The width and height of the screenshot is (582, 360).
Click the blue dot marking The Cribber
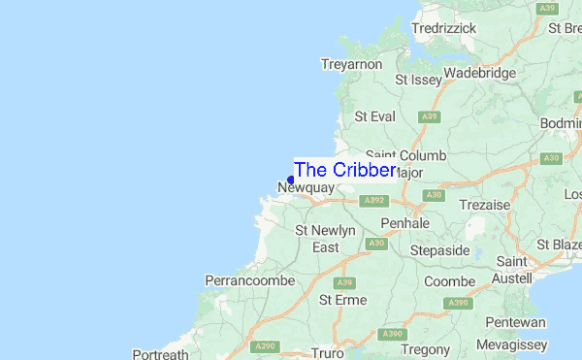coord(291,180)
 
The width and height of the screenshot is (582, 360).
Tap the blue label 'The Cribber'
coord(344,170)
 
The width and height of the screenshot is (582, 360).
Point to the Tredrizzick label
coord(443,29)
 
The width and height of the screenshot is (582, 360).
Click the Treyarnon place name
coord(351,64)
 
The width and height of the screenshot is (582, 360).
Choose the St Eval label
coord(375,116)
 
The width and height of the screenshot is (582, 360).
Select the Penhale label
coord(405,223)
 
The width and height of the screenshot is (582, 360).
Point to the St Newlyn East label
coord(325,239)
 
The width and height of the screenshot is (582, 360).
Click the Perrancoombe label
coord(248,281)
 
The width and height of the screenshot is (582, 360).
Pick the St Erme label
coord(343,301)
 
